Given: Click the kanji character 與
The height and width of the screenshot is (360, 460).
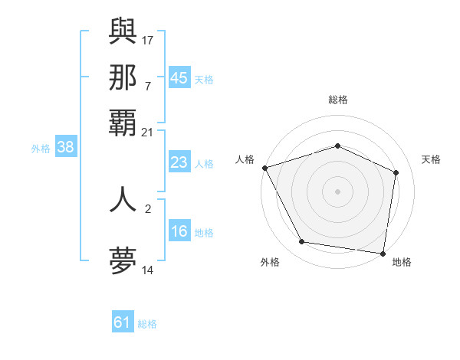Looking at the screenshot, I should click(123, 30).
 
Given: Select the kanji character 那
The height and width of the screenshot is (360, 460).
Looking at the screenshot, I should click(123, 77).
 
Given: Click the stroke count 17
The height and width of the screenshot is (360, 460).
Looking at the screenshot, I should click(149, 39).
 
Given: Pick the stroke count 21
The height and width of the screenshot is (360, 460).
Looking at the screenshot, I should click(147, 133).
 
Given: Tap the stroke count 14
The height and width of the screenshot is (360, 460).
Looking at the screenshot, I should click(147, 270).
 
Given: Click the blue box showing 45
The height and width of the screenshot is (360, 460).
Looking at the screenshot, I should click(179, 77).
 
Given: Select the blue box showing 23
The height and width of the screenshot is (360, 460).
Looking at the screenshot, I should click(179, 162).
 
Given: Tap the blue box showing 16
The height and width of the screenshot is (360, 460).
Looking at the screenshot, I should click(179, 231).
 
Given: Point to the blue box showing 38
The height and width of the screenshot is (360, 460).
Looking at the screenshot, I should click(65, 148).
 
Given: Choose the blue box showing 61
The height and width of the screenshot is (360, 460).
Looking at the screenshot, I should click(123, 322).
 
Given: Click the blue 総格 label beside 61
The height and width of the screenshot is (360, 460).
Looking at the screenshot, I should click(147, 324).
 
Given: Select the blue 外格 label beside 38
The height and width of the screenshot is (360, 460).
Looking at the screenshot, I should click(40, 149).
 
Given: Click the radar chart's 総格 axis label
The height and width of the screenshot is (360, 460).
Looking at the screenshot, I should click(337, 100).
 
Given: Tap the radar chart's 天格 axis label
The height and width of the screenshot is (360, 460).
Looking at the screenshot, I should click(431, 159).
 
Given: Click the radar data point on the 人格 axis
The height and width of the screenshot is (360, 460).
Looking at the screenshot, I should click(264, 168).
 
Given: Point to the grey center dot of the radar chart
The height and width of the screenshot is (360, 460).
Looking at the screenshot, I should click(337, 191).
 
